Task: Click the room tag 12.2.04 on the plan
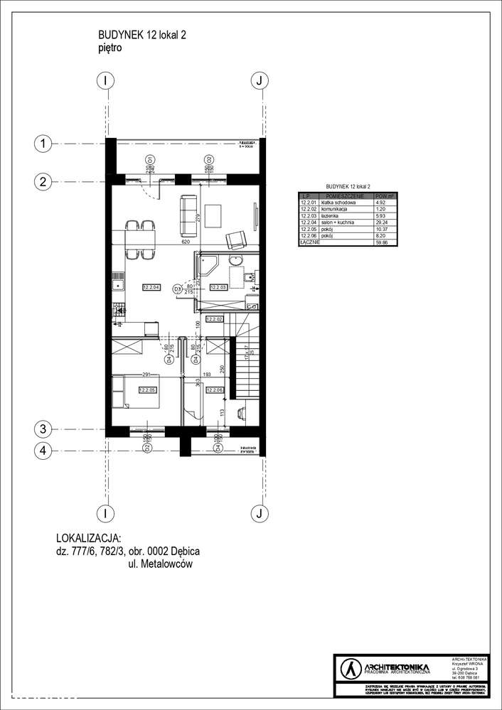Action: click(x=150, y=288)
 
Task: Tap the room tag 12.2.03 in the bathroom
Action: click(x=218, y=288)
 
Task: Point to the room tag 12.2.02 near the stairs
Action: click(x=215, y=321)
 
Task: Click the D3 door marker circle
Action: click(x=178, y=289)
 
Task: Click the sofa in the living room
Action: click(x=188, y=216)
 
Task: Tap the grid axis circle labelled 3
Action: click(x=43, y=429)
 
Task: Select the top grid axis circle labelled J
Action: click(x=260, y=80)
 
